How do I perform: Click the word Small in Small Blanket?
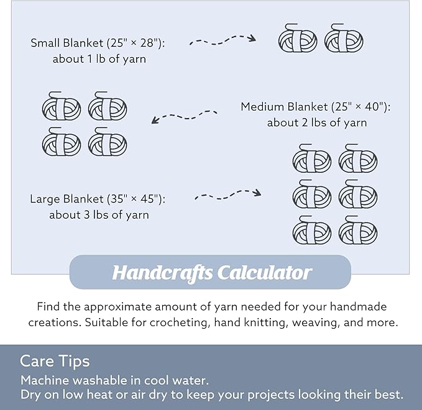pos(45,43)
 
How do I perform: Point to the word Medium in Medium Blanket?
pos(263,106)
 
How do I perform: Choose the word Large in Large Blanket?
pos(45,199)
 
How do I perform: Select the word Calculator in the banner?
pos(265,273)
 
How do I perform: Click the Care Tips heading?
pos(55,361)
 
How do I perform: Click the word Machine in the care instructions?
pos(45,380)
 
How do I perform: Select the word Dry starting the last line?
pos(30,395)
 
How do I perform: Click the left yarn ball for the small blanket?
pos(298,38)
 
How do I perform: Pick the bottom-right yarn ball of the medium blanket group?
pos(108,142)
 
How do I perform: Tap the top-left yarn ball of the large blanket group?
pos(312,158)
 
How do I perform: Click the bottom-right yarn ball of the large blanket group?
pos(358,230)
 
